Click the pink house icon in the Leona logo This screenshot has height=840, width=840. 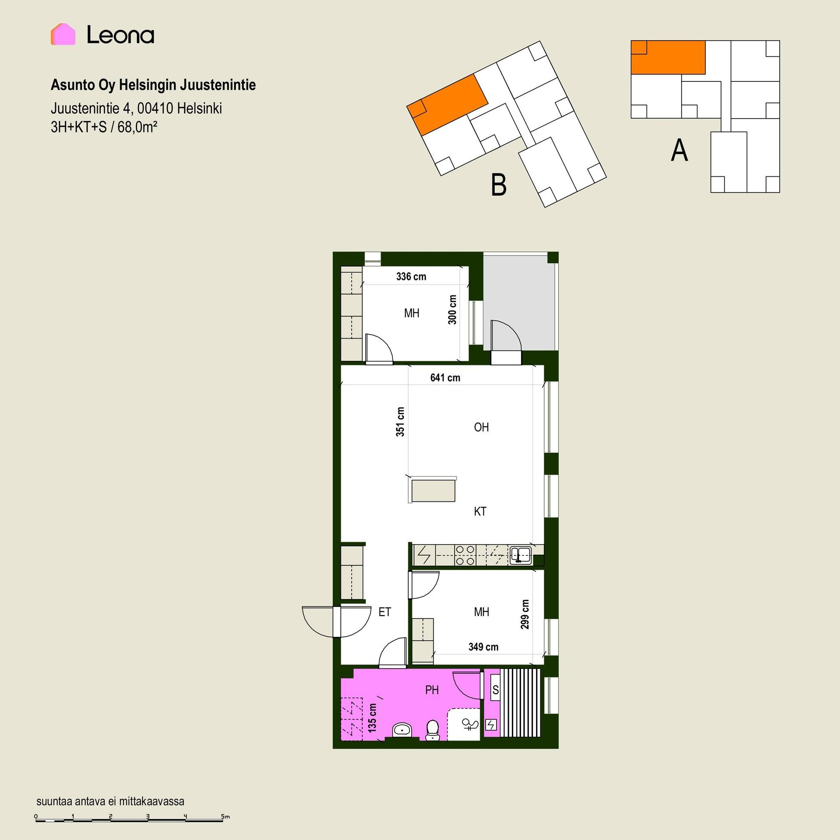pyautogui.click(x=63, y=34)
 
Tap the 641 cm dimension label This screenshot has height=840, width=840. pyautogui.click(x=445, y=378)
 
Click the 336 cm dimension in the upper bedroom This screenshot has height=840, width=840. pyautogui.click(x=411, y=276)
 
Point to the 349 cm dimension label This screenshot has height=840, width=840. pyautogui.click(x=483, y=647)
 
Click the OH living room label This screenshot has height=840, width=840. pyautogui.click(x=481, y=427)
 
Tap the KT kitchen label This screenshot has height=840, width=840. pyautogui.click(x=480, y=511)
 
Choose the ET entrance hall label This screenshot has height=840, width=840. pyautogui.click(x=385, y=612)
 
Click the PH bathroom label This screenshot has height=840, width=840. pyautogui.click(x=432, y=690)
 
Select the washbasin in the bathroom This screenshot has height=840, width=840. pyautogui.click(x=402, y=730)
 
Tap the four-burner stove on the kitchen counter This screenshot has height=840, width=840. pyautogui.click(x=465, y=555)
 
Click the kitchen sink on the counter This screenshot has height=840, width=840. pyautogui.click(x=520, y=555)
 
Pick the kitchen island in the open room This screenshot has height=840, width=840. pyautogui.click(x=433, y=490)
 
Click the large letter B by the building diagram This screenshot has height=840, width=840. pyautogui.click(x=499, y=185)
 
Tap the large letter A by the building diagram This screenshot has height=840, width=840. pyautogui.click(x=679, y=150)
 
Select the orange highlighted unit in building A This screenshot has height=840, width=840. pyautogui.click(x=668, y=57)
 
